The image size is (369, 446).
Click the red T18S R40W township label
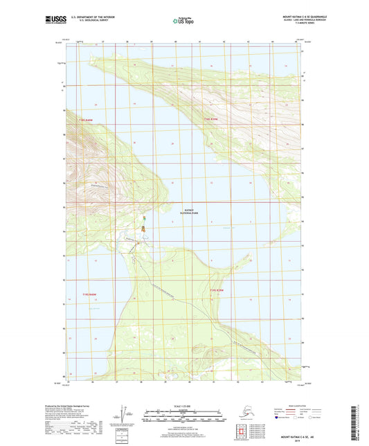click(x=76, y=119)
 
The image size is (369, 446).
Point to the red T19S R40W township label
click(x=85, y=295)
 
